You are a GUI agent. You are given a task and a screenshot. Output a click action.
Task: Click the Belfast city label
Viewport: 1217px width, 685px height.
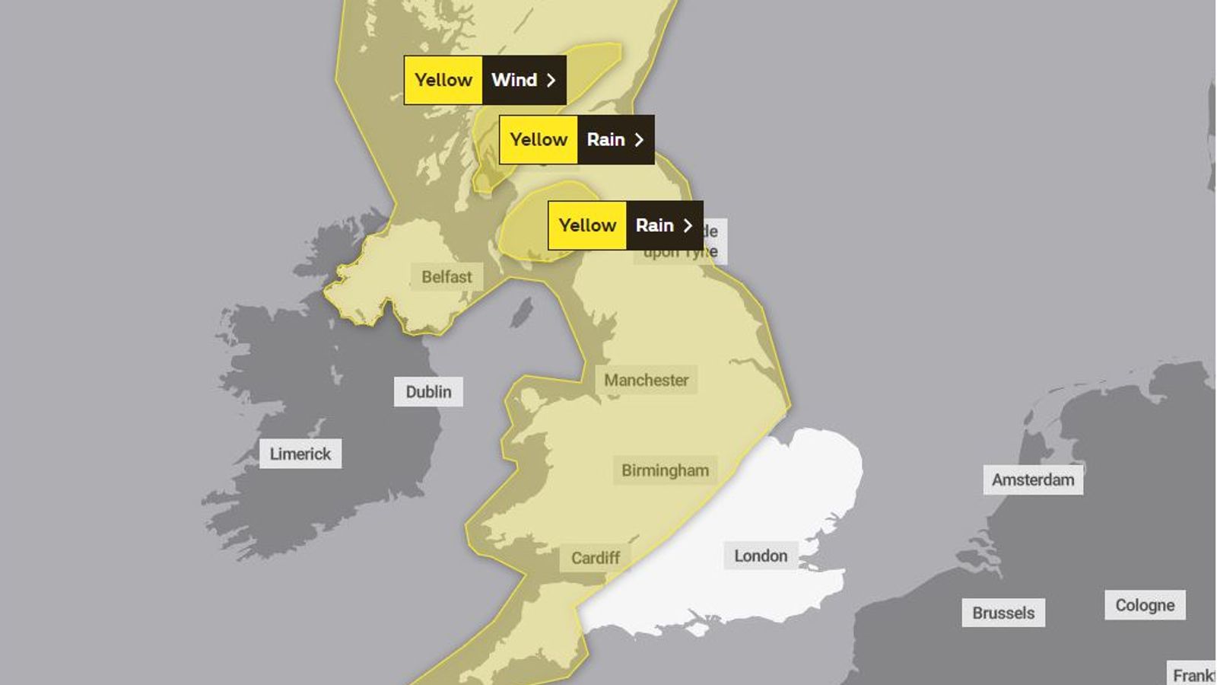tap(446, 277)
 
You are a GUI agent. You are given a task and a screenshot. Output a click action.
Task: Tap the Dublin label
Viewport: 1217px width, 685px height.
tap(428, 392)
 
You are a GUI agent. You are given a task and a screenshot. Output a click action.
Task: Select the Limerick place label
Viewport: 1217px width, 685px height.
tap(300, 454)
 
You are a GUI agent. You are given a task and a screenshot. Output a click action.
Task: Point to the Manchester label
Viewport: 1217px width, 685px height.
tap(646, 380)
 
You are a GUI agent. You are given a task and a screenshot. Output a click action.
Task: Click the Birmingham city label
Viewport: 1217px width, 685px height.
tap(665, 470)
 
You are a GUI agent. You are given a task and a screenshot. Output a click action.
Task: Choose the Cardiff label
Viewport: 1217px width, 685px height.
tap(595, 558)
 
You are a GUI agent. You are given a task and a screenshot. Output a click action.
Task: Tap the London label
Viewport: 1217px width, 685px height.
tap(761, 556)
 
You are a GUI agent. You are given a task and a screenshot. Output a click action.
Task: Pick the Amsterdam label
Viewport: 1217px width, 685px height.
tap(1033, 479)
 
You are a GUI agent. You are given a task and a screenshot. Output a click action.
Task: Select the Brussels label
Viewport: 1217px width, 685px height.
tap(1003, 613)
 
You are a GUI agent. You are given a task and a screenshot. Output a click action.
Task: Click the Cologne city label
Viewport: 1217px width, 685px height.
tap(1145, 605)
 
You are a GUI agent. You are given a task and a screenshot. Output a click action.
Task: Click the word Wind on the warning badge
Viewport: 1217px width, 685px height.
tap(514, 80)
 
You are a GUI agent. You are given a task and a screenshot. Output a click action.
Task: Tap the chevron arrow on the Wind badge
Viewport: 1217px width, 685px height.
tap(551, 80)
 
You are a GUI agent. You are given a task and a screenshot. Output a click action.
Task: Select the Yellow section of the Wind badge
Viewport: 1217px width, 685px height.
tap(443, 80)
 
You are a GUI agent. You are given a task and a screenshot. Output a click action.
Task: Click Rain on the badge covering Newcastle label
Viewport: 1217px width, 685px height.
tap(654, 225)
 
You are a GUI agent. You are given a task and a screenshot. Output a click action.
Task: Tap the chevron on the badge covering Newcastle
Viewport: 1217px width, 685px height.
tap(688, 225)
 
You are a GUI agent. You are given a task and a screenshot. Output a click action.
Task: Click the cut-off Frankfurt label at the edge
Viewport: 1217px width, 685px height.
tap(1193, 674)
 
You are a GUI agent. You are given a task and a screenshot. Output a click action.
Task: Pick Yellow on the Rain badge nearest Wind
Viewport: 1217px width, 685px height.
tap(539, 139)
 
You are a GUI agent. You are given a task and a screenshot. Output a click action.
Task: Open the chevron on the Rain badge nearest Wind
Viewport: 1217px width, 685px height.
tap(639, 139)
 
